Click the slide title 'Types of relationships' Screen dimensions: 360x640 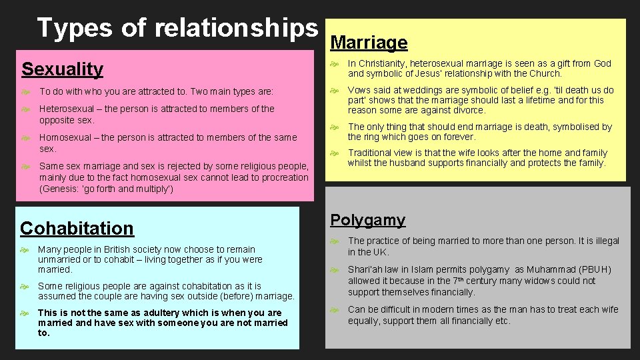click(x=177, y=28)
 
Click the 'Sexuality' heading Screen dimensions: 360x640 click(x=62, y=69)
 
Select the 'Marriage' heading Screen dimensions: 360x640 click(x=369, y=43)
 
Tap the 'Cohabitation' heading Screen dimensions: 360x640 click(x=77, y=228)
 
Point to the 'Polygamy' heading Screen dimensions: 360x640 click(x=367, y=220)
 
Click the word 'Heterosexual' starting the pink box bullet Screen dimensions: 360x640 click(x=66, y=109)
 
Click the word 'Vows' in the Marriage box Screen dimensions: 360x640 click(x=360, y=90)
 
